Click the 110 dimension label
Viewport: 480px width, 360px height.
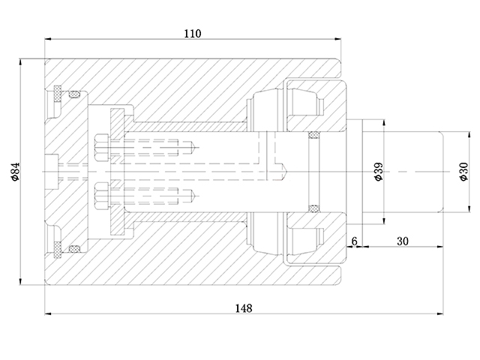coord(194,33)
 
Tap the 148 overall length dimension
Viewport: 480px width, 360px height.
coord(243,307)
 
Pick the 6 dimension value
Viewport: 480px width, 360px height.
coord(355,241)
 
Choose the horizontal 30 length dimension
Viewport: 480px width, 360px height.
coord(403,241)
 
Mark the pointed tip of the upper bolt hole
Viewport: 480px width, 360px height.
coord(196,147)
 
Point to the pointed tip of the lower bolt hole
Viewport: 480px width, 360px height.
coord(196,196)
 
